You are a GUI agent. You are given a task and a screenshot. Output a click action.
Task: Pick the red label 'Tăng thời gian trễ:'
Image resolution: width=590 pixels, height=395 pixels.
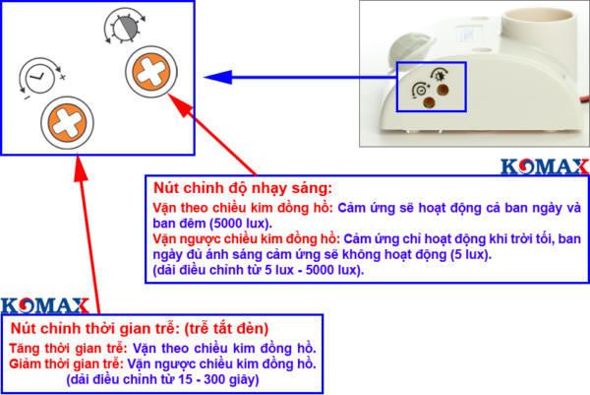pos(67,349)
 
